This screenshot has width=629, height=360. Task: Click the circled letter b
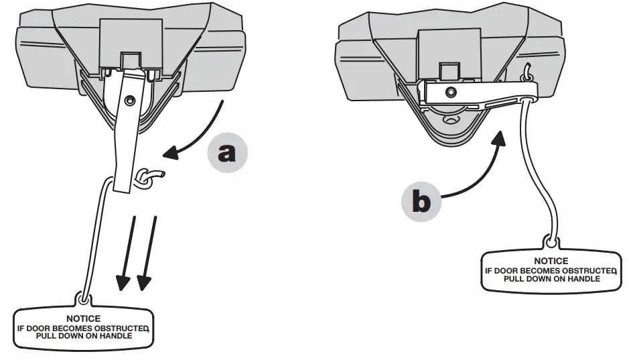[x=421, y=200]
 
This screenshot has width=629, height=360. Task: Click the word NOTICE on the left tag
[x=84, y=318]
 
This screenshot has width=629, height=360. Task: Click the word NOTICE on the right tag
[x=551, y=261]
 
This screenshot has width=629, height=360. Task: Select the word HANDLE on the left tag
[x=114, y=336]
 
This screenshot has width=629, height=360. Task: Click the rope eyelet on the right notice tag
[x=551, y=239]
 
